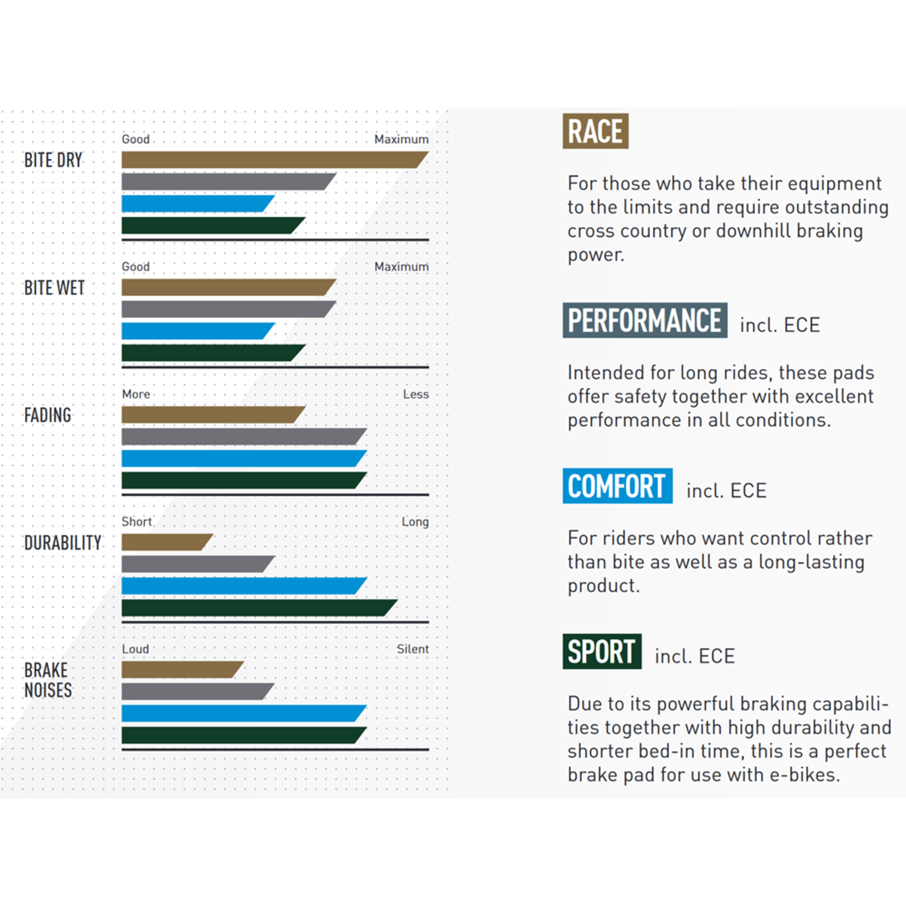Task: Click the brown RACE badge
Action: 595,131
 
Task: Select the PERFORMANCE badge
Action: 644,320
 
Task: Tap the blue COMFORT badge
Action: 617,486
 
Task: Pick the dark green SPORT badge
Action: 602,652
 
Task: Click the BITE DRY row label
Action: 53,160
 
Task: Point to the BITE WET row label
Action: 54,288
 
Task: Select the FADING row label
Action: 48,415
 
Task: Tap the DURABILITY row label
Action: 63,543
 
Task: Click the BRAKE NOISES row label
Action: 48,680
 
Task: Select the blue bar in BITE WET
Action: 195,331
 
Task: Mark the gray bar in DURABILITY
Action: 195,564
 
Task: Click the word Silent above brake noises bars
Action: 412,649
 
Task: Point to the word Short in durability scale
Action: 137,522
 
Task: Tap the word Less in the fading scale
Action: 416,394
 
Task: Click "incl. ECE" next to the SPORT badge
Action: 694,656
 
